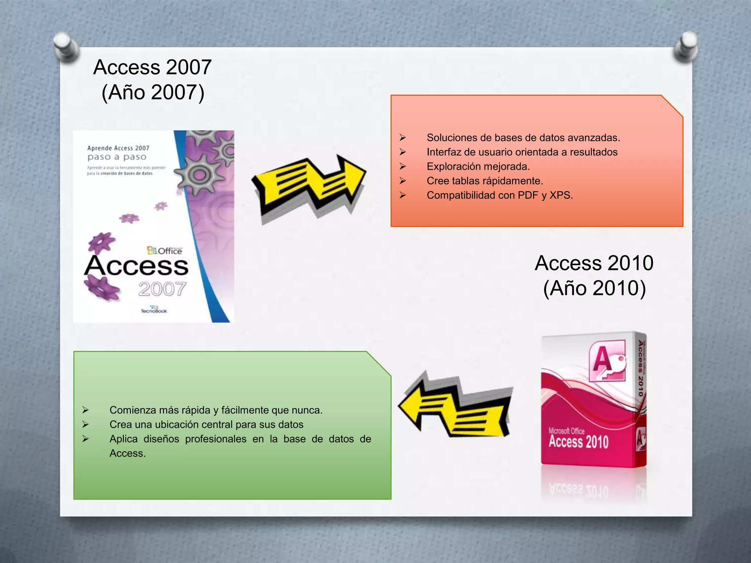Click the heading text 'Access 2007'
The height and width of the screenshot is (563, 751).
point(153,67)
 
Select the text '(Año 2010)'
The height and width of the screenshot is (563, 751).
point(594,288)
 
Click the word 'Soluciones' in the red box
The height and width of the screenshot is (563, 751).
point(450,138)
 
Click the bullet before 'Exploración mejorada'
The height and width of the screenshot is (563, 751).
point(403,167)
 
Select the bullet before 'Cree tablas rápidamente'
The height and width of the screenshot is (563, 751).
point(403,181)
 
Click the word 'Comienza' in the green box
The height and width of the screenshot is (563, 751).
point(131,410)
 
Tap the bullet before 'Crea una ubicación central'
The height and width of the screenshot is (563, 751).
point(85,424)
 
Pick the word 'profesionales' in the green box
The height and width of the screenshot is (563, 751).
point(216,439)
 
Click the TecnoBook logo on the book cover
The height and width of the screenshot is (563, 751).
point(154,310)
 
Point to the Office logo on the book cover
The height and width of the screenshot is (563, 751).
point(165,251)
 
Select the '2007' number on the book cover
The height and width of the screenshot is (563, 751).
point(162,289)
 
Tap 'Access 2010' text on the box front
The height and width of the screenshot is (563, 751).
point(578,442)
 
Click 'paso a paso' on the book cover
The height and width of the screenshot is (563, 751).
point(117,157)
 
